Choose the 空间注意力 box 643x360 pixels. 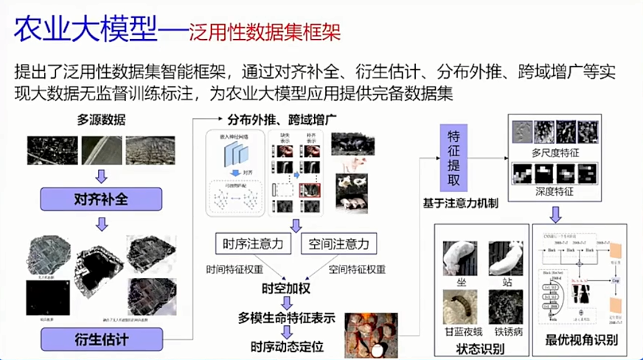click(338, 243)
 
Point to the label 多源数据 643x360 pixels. click(101, 120)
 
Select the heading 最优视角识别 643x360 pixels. click(581, 341)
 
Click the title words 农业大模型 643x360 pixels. click(87, 31)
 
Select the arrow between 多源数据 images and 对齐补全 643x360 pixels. click(101, 176)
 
